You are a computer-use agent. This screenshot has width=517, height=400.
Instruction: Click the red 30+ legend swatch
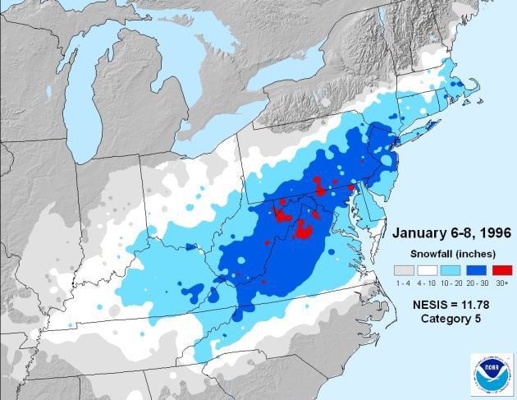coord(502,269)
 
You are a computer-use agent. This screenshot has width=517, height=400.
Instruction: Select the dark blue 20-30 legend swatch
coord(478,269)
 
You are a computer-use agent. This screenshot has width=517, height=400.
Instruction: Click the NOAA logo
coord(492,375)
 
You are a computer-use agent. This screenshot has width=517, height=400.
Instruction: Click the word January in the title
coord(415,229)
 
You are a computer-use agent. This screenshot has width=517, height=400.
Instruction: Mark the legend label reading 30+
coord(502,282)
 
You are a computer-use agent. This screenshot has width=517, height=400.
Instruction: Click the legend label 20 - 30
coord(478,282)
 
